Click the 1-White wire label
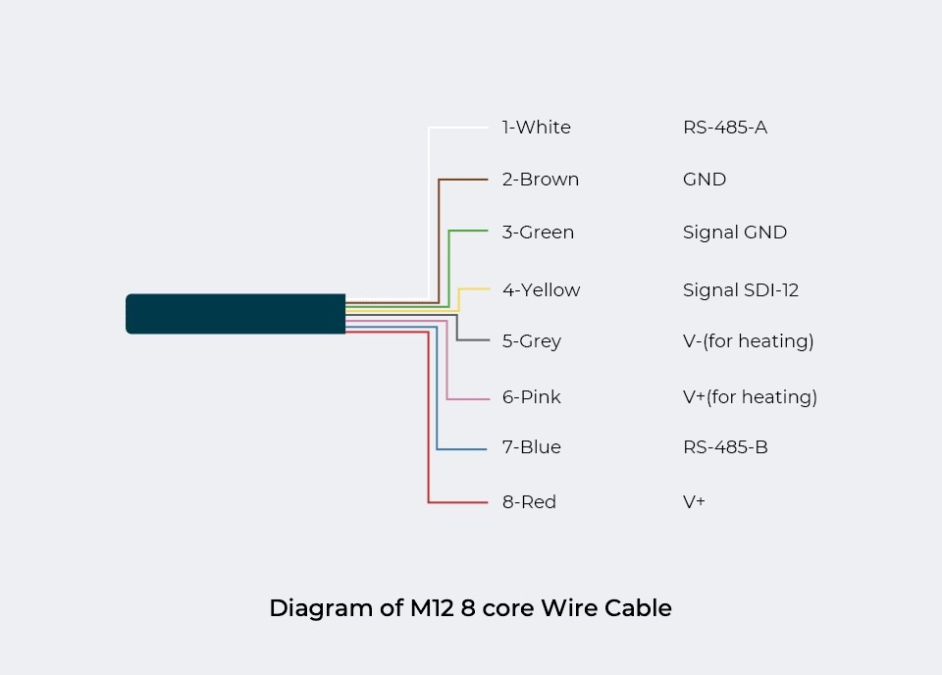[x=536, y=128]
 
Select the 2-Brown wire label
[x=540, y=180]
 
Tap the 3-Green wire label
[x=538, y=233]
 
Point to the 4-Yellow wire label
[x=541, y=290]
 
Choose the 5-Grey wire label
[x=531, y=341]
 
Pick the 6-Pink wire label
[x=531, y=397]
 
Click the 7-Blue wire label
[x=531, y=447]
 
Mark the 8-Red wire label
[x=529, y=502]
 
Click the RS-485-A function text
[x=724, y=128]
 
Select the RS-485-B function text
[x=725, y=447]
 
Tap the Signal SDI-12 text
[x=740, y=290]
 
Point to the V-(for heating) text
[x=748, y=341]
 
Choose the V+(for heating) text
[x=750, y=397]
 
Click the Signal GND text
[x=734, y=233]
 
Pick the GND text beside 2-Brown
[x=704, y=180]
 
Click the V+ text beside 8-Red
[x=694, y=502]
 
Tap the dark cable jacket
[x=235, y=314]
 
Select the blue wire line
[x=438, y=392]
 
